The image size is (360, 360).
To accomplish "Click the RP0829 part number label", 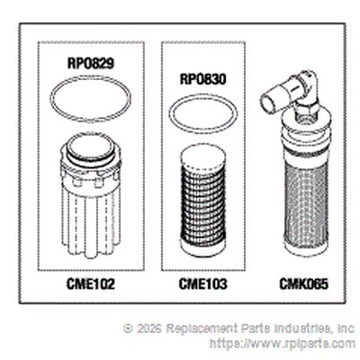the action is (91, 63).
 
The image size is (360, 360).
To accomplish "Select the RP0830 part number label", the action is (203, 79).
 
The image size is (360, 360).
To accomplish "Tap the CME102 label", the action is (91, 283).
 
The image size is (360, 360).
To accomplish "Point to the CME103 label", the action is (203, 283).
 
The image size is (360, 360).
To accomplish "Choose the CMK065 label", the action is (303, 283).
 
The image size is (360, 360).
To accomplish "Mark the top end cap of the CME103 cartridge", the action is (203, 157).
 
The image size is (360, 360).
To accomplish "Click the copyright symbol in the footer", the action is (128, 328).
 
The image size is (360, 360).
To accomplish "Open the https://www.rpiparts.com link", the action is (283, 343).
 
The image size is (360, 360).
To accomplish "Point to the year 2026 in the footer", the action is (149, 328).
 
